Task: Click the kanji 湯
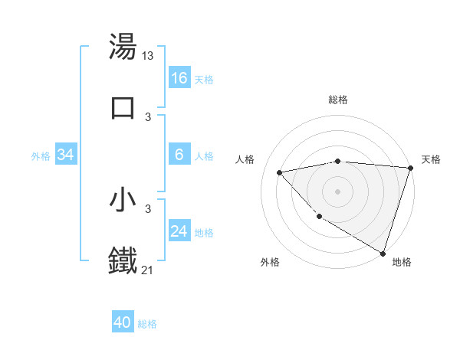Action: [123, 47]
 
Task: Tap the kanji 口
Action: [123, 107]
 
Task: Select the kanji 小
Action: [123, 200]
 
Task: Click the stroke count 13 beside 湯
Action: [149, 56]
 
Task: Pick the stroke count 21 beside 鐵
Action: [149, 269]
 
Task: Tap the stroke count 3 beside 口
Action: [148, 116]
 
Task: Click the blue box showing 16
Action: [179, 78]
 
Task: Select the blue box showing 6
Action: [179, 155]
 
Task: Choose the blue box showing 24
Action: [179, 231]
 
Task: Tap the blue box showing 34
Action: [66, 155]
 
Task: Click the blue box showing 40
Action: [123, 322]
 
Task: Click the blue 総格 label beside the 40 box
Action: [147, 324]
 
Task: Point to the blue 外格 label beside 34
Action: [41, 156]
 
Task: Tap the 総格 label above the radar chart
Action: [338, 100]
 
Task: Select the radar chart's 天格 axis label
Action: [431, 159]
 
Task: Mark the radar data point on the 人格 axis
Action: [279, 172]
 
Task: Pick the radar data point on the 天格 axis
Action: [411, 168]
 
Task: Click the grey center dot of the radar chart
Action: [338, 191]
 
